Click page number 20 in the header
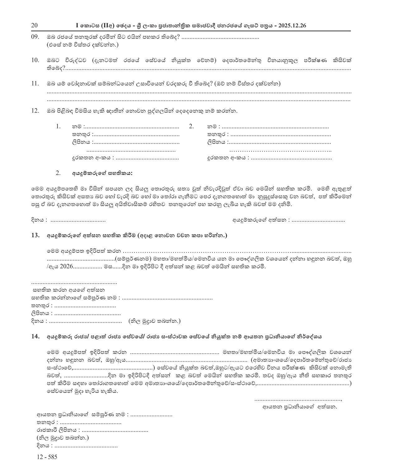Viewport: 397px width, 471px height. [34, 25]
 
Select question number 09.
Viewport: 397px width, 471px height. [35, 37]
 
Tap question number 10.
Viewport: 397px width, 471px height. [35, 60]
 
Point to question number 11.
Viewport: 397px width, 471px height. [35, 83]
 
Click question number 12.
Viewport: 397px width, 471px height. [35, 110]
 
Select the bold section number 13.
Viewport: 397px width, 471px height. [35, 235]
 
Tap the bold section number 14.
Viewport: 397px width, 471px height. [35, 336]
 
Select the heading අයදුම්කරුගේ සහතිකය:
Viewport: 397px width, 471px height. [102, 173]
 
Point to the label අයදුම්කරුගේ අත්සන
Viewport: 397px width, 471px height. [259, 220]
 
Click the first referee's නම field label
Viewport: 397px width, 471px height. [77, 127]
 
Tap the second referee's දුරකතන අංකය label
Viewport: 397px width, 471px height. [228, 158]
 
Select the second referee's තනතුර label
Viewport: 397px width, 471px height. [217, 135]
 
